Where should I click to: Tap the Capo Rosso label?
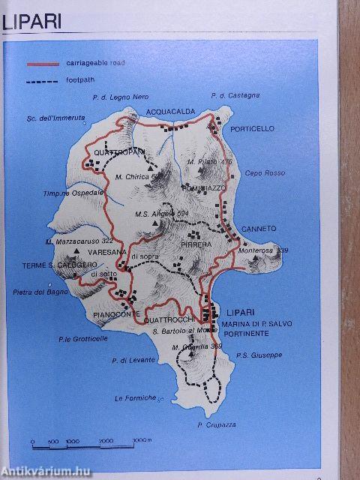pyautogui.click(x=259, y=172)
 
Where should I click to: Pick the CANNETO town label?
pyautogui.click(x=259, y=228)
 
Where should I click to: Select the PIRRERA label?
pyautogui.click(x=196, y=244)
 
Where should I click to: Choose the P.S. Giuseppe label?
pyautogui.click(x=258, y=355)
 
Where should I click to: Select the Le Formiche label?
pyautogui.click(x=135, y=397)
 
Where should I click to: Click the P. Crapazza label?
pyautogui.click(x=217, y=424)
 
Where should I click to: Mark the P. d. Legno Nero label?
pyautogui.click(x=121, y=97)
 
